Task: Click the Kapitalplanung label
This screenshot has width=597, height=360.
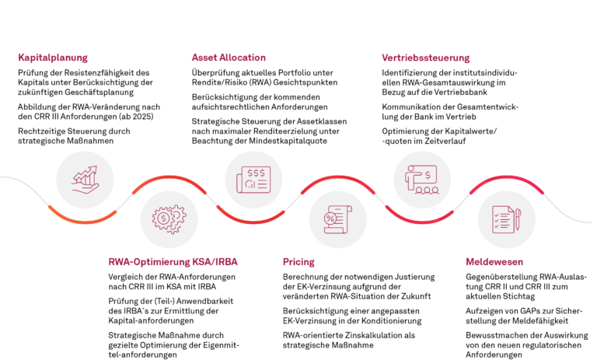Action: [53, 58]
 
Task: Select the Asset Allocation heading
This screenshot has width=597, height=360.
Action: [229, 58]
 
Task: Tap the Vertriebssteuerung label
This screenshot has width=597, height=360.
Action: [425, 58]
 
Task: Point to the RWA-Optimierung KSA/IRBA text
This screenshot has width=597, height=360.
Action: [173, 262]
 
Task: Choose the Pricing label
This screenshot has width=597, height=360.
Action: [298, 262]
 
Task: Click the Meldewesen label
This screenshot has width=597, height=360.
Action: [494, 262]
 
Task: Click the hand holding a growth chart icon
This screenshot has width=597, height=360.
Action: [85, 180]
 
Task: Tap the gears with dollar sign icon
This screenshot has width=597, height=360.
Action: [169, 219]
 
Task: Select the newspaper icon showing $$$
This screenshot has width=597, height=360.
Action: [253, 180]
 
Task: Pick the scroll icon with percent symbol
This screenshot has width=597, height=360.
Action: [338, 219]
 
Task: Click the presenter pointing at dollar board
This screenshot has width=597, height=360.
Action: [422, 180]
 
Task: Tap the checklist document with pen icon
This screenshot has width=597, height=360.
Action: [506, 219]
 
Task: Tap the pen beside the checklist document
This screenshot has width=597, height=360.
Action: [518, 219]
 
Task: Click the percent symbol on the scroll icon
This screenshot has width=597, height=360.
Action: [331, 218]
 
